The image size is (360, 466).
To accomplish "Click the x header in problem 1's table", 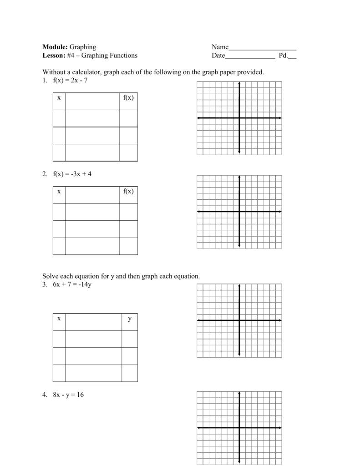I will [x=59, y=98].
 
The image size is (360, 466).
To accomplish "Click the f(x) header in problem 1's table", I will [x=128, y=98].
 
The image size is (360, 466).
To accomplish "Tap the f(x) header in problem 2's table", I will [x=128, y=191].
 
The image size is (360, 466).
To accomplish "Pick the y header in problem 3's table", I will [x=129, y=319].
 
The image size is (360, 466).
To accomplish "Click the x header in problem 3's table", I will [x=59, y=319].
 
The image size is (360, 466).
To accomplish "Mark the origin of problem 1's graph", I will [x=239, y=118].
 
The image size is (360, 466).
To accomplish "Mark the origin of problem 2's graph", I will [x=239, y=212].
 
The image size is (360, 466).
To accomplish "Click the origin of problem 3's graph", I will [x=239, y=320].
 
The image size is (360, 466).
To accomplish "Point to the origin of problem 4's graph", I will [x=239, y=428].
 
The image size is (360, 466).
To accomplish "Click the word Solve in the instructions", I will [x=51, y=276].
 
